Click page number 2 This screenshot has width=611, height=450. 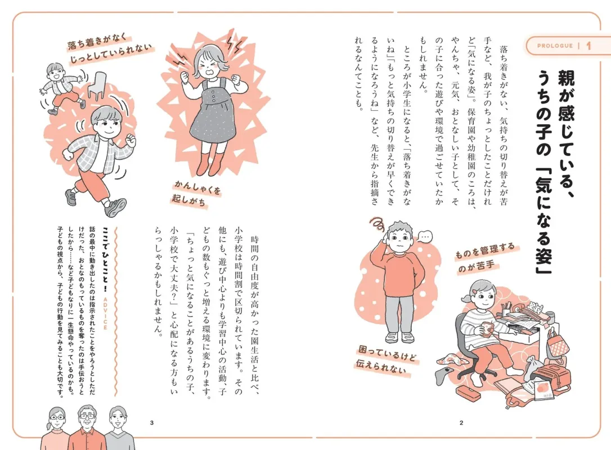461,422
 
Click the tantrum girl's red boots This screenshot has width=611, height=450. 209,163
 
